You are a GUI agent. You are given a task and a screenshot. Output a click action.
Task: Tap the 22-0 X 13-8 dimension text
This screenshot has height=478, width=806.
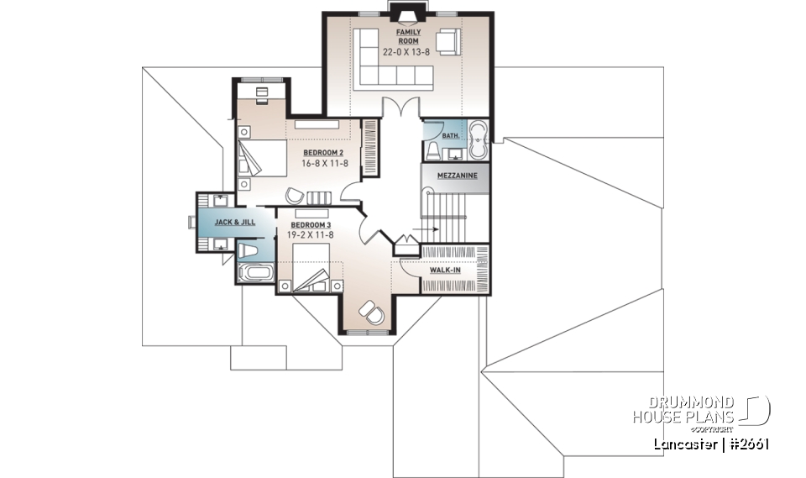pos(407,51)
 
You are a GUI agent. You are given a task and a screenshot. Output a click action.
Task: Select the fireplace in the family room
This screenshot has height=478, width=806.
pos(407,12)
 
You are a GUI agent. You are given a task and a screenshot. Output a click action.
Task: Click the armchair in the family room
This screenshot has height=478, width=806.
pos(447,40)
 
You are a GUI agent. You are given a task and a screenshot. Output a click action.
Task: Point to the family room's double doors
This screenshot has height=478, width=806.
pos(399,108)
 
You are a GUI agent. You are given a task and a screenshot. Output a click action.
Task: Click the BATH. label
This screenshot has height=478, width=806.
pos(451,135)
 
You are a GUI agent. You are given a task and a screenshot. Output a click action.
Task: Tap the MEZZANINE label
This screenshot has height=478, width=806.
pos(457,176)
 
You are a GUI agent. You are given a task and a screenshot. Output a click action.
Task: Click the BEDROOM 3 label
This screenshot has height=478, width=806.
pos(311,225)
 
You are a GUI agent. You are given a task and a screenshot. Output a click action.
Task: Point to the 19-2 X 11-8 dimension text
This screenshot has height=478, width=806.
pos(311,236)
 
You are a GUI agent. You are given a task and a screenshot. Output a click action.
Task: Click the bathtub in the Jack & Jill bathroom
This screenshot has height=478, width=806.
pos(253,273)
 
